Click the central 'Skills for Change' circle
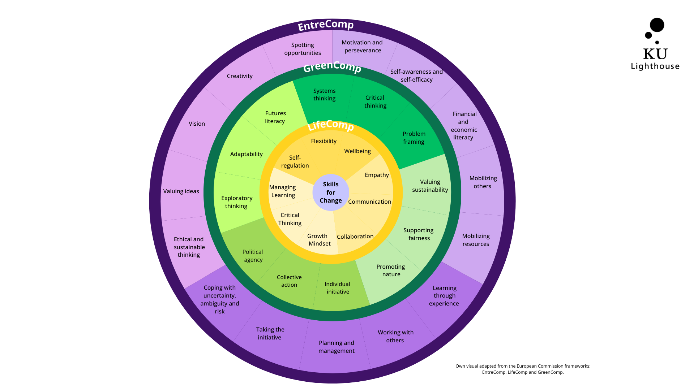[330, 192]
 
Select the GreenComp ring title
[332, 66]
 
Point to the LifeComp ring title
[330, 125]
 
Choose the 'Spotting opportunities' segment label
[303, 49]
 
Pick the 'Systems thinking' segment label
[324, 95]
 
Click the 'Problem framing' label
[414, 138]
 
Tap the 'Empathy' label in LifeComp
[377, 175]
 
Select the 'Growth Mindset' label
[318, 240]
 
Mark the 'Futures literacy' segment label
[275, 117]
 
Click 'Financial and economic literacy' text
[464, 126]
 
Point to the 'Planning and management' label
[336, 347]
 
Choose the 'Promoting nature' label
[391, 270]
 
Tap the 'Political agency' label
[253, 256]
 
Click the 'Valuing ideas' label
[181, 191]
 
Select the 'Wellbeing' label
[357, 151]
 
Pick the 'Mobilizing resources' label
[476, 240]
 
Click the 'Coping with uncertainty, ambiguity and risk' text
[219, 299]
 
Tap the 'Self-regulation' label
[295, 161]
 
